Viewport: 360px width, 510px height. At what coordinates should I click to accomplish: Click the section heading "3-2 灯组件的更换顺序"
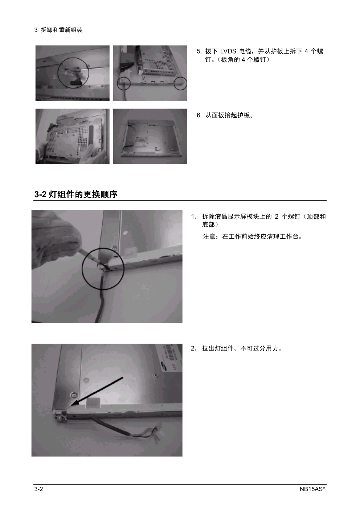click(x=76, y=194)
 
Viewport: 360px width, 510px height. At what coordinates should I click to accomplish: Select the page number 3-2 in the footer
click(x=39, y=489)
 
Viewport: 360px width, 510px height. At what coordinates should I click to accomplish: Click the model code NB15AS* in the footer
click(x=312, y=489)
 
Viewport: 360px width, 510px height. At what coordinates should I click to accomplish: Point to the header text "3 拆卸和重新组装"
click(x=58, y=30)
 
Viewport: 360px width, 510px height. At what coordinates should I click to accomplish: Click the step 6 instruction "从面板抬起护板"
click(x=229, y=115)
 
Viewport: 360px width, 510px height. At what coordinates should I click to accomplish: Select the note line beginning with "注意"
click(x=253, y=236)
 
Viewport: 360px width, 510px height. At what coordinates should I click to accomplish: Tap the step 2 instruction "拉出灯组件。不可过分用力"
click(x=242, y=348)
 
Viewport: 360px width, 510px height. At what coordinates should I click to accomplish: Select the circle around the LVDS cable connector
click(x=73, y=73)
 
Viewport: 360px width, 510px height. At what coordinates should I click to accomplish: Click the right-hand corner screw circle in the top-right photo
click(x=180, y=83)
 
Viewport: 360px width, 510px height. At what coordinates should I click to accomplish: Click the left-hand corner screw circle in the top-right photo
click(x=124, y=83)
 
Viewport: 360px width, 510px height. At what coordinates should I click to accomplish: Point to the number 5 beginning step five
click(x=199, y=52)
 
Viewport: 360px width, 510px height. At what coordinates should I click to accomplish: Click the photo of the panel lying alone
click(x=150, y=136)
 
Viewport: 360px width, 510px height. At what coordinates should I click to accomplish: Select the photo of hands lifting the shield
click(x=72, y=136)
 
